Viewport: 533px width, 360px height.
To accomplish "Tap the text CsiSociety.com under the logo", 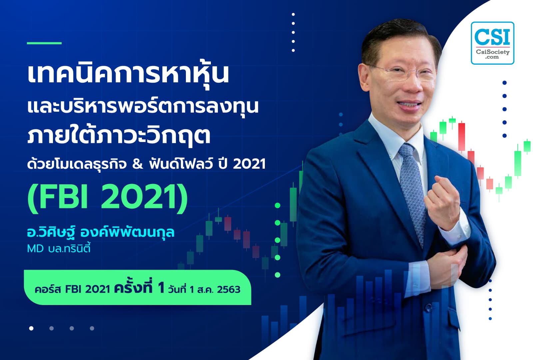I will click(492, 54).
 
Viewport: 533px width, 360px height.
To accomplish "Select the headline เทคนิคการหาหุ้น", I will click(128, 74).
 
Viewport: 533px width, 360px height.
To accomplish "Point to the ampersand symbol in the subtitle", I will click(137, 164).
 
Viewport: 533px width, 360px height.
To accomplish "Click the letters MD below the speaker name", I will click(35, 249).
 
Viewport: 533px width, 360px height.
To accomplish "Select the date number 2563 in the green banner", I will click(229, 289).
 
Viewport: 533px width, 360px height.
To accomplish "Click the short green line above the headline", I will click(44, 43).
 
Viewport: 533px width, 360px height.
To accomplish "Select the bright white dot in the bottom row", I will click(31, 328).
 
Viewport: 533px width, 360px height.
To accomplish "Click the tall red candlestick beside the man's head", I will click(461, 137).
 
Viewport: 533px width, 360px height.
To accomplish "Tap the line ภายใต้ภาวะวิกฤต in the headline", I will click(119, 135).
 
